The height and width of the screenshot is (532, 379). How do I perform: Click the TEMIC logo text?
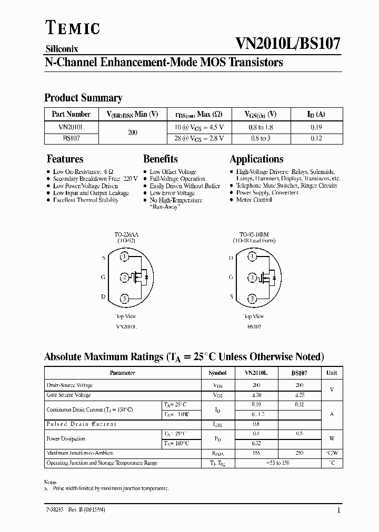pyautogui.click(x=72, y=29)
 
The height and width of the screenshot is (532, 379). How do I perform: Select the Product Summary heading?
pyautogui.click(x=83, y=98)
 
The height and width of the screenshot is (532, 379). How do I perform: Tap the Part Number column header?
pyautogui.click(x=71, y=114)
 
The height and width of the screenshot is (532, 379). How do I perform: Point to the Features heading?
pyautogui.click(x=65, y=159)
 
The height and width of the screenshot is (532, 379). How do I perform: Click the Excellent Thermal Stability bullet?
pyautogui.click(x=85, y=200)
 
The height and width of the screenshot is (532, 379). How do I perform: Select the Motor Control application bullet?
pyautogui.click(x=254, y=200)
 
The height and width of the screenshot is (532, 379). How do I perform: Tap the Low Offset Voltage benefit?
pyautogui.click(x=173, y=172)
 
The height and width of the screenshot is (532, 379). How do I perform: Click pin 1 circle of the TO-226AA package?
pyautogui.click(x=125, y=257)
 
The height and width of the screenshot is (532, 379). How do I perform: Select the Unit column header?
pyautogui.click(x=332, y=373)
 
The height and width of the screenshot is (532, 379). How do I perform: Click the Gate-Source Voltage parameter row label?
pyautogui.click(x=69, y=395)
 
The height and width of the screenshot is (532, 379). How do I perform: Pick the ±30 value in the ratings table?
pyautogui.click(x=256, y=395)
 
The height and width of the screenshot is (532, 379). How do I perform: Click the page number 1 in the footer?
pyautogui.click(x=338, y=510)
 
